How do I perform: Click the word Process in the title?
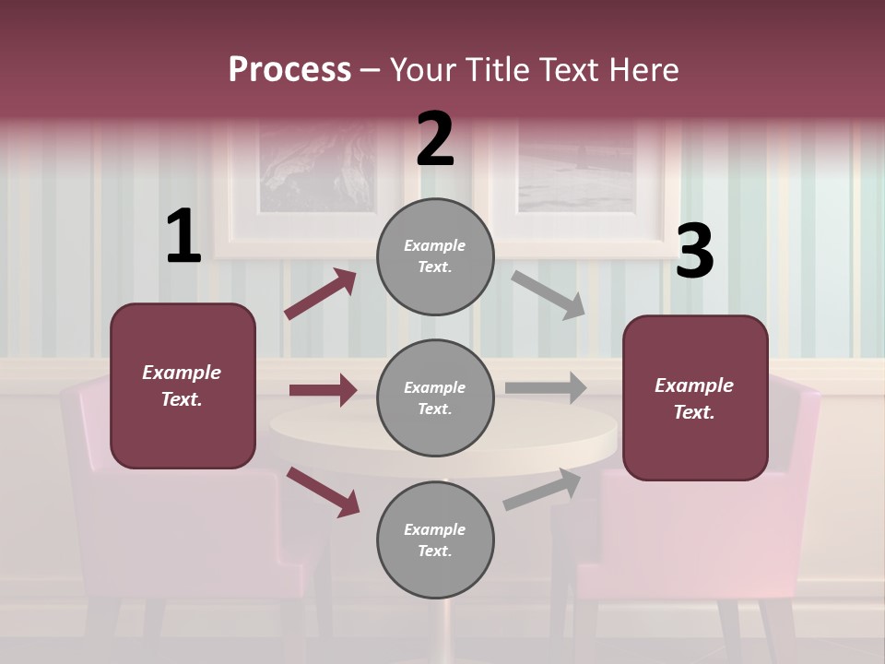tap(289, 70)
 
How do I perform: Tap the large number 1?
tap(183, 237)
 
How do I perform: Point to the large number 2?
tap(435, 139)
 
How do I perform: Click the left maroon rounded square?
tap(183, 385)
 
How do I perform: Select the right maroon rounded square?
tap(695, 398)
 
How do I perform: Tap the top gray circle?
tap(435, 256)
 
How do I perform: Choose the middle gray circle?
tap(435, 397)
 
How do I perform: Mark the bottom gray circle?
tap(435, 539)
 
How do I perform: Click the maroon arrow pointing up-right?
tap(320, 294)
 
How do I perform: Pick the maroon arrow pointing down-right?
tap(323, 492)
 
